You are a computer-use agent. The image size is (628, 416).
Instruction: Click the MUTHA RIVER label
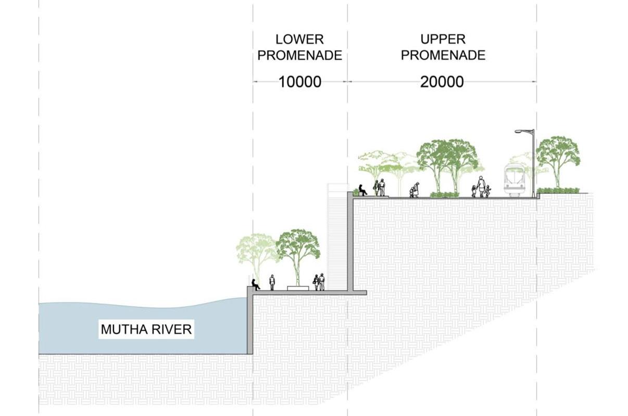pyautogui.click(x=146, y=329)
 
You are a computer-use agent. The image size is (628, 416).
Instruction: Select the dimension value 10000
pyautogui.click(x=299, y=82)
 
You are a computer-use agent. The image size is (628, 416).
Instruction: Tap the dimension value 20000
pyautogui.click(x=442, y=82)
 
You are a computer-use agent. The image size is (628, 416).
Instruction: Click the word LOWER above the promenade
pyautogui.click(x=299, y=39)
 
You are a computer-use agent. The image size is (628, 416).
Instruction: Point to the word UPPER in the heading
pyautogui.click(x=443, y=39)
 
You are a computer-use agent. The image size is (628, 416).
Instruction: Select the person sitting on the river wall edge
pyautogui.click(x=255, y=284)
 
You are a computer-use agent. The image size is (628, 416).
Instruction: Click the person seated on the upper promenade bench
pyautogui.click(x=362, y=190)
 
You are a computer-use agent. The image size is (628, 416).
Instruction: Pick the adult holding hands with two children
pyautogui.click(x=481, y=186)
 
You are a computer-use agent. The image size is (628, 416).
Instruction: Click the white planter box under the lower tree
pyautogui.click(x=297, y=288)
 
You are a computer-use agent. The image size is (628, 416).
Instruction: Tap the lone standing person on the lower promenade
pyautogui.click(x=272, y=282)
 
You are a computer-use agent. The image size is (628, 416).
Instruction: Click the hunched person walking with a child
pyautogui.click(x=415, y=190)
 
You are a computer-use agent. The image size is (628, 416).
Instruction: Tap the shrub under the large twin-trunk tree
pyautogui.click(x=444, y=195)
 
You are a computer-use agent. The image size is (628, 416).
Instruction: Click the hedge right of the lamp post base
pyautogui.click(x=558, y=191)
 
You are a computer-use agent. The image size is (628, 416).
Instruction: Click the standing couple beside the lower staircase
pyautogui.click(x=319, y=282)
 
